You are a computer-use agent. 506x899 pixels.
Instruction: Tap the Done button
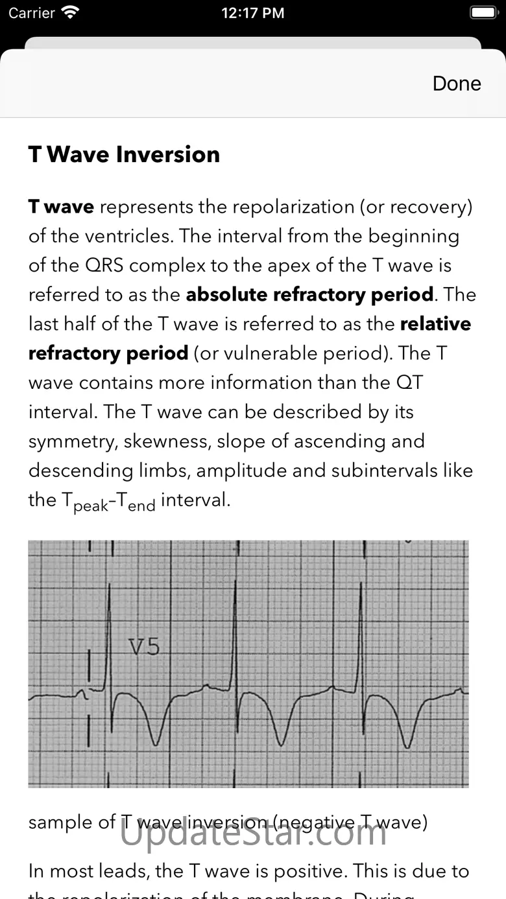pos(457,84)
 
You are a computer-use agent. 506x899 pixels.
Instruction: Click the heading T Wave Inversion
pos(124,154)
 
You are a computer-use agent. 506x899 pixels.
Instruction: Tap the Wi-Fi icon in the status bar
pos(69,12)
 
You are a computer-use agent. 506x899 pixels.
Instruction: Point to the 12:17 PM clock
pos(252,13)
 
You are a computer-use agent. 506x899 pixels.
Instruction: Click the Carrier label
pos(32,13)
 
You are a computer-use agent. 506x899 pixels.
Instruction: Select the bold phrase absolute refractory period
pos(309,294)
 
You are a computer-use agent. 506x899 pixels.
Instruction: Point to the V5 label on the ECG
pos(143,647)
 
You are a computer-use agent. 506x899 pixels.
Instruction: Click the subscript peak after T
pos(91,506)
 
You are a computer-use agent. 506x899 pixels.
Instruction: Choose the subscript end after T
pos(141,506)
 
